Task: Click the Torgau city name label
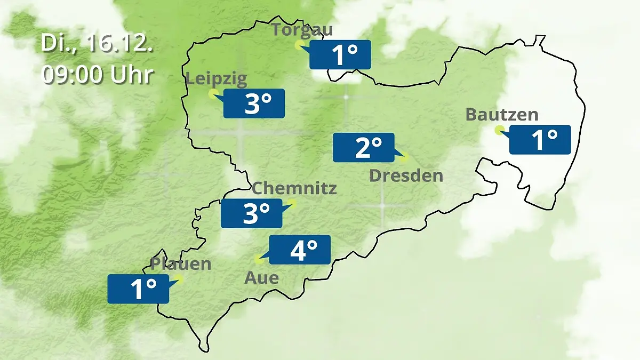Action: (x=302, y=29)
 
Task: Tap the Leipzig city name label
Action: (x=216, y=80)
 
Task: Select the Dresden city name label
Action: (x=406, y=175)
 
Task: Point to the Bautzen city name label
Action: (x=501, y=115)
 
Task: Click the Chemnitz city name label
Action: (x=294, y=188)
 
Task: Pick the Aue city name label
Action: (x=261, y=278)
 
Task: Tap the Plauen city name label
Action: (x=181, y=263)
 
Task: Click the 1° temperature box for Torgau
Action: (x=340, y=54)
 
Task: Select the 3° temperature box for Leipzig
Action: (x=254, y=103)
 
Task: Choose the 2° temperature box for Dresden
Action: (x=363, y=147)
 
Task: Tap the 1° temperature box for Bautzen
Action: (x=540, y=140)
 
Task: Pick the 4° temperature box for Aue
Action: (x=300, y=250)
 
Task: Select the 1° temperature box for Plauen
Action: (x=138, y=289)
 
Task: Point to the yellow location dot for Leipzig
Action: (x=212, y=94)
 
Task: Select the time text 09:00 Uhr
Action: (x=97, y=75)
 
